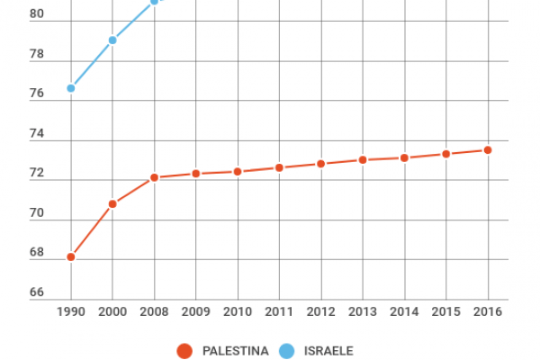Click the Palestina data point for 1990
(70, 256)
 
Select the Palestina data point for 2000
(112, 203)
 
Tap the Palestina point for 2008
(154, 177)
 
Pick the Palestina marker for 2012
(320, 164)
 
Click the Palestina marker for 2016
(488, 150)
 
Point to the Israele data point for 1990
(70, 88)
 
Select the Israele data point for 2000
(112, 40)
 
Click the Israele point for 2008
(154, 2)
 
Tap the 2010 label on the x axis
(238, 311)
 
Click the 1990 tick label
(70, 311)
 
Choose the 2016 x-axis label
(488, 311)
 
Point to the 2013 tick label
(363, 311)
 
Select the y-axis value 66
(37, 292)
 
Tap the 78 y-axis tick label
(37, 55)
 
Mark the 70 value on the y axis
(37, 213)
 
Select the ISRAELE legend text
(328, 350)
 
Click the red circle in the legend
(185, 350)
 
